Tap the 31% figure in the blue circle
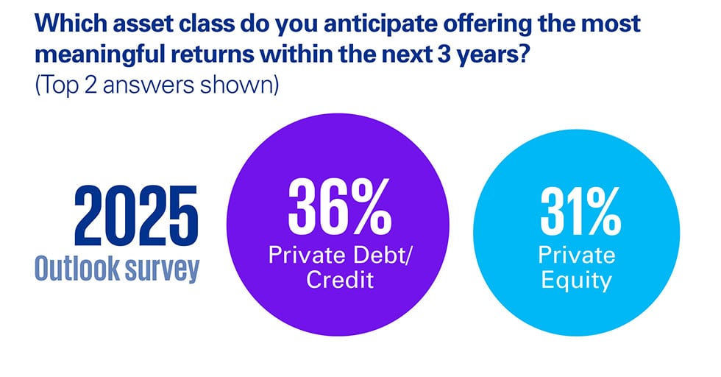576,212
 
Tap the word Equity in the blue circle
576,281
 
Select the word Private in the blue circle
576,256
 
